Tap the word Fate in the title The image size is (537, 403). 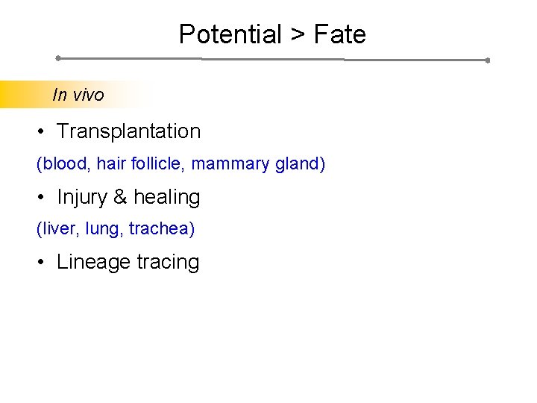[x=340, y=34]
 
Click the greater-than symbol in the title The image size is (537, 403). [x=298, y=35]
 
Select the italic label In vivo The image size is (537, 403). [x=78, y=95]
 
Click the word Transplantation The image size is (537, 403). [x=128, y=131]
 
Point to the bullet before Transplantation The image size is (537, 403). [x=43, y=132]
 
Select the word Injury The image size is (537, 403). [x=82, y=198]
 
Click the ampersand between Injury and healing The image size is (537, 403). [x=120, y=198]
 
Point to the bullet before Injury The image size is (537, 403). [x=43, y=198]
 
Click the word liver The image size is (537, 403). [x=57, y=228]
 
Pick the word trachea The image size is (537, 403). [x=160, y=228]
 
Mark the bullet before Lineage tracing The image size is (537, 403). [x=43, y=263]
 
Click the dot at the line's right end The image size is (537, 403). [x=487, y=60]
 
